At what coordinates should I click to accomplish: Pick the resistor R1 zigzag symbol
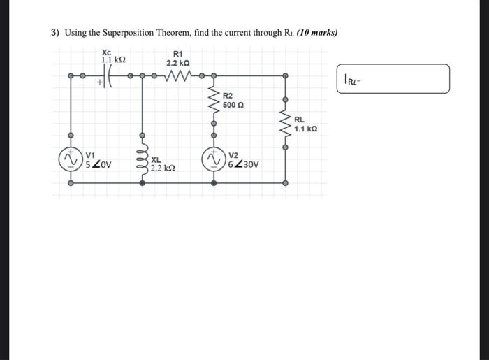[177, 75]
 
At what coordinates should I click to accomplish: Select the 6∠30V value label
[244, 166]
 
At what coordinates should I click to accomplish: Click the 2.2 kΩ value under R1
[175, 63]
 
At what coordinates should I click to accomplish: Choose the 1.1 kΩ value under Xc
[112, 61]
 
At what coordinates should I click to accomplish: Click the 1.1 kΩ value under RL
[306, 129]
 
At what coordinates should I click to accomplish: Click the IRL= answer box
[393, 79]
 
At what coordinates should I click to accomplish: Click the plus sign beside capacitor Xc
[100, 82]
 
